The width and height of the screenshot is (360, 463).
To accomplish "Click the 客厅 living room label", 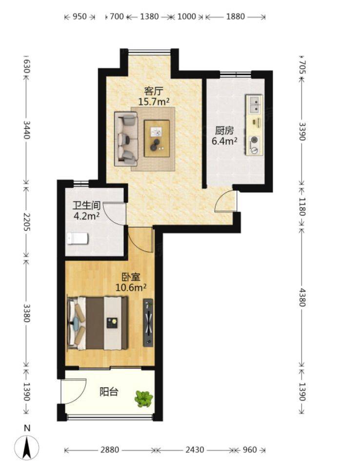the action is [154, 91].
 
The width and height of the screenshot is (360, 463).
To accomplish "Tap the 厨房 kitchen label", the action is [224, 130].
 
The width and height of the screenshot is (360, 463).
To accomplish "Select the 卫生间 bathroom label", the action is [86, 205].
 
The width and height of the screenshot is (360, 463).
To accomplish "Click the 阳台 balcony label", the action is [109, 392].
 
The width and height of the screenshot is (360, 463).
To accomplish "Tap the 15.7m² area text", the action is [154, 102].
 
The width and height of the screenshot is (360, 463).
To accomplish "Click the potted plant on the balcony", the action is [144, 399].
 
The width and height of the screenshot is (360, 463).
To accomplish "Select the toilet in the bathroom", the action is [78, 238].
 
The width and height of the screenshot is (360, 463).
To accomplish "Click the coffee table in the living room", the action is [157, 138].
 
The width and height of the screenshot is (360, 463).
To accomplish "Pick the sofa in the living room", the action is [126, 139].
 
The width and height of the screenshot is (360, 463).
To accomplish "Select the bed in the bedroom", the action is [98, 323].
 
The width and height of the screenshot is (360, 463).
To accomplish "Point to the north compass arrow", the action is [27, 447].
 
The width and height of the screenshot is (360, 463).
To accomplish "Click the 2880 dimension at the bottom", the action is [110, 450].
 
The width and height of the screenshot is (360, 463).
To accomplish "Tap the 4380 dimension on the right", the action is [302, 297].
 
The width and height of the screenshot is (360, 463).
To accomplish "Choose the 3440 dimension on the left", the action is [26, 130].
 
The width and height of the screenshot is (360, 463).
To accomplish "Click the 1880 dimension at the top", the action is [236, 16].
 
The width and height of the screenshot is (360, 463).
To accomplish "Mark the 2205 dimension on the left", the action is [26, 222].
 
